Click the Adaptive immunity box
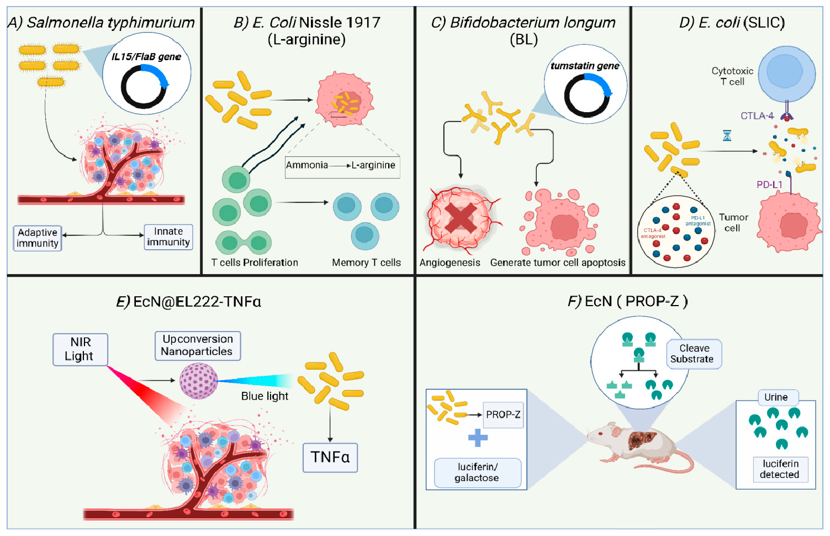(38, 238)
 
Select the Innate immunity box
(168, 237)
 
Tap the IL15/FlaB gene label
(146, 57)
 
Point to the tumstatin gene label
(585, 66)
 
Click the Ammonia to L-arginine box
(342, 166)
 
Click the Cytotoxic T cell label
(732, 76)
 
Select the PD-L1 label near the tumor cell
(769, 185)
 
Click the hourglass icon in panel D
(727, 135)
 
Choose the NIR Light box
(80, 349)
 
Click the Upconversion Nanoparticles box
(197, 346)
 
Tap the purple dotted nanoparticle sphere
(198, 381)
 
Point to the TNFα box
(330, 458)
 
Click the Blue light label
(265, 396)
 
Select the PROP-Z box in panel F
(503, 415)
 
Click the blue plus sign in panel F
(478, 438)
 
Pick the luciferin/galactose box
(477, 473)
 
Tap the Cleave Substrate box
(694, 354)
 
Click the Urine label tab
(776, 397)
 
